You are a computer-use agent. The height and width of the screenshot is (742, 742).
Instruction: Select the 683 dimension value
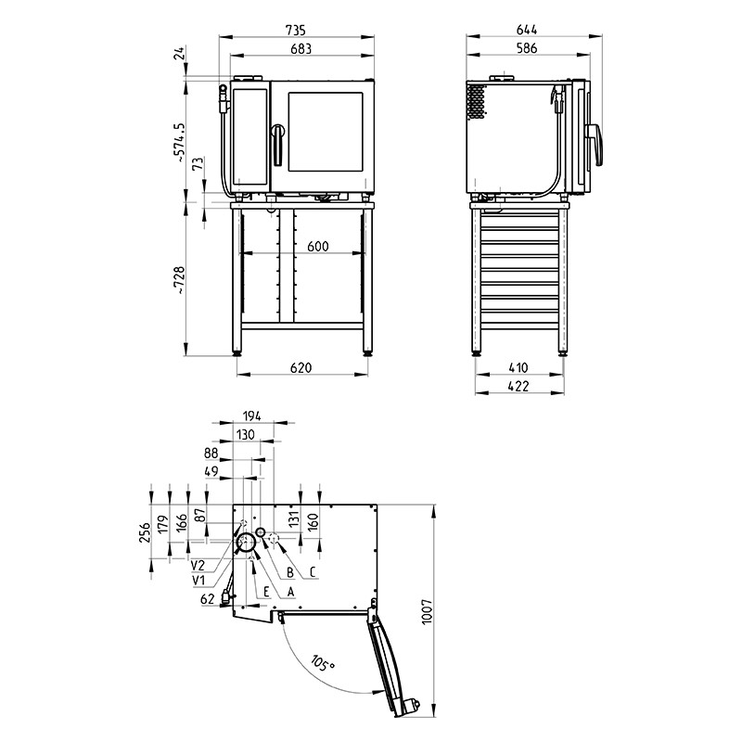301,49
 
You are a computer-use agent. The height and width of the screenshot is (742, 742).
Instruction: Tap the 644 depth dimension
527,30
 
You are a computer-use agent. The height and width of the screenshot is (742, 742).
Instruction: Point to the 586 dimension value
527,48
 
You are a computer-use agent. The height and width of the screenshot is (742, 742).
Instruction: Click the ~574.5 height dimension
179,143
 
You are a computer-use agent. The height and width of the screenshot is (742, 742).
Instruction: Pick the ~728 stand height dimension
179,280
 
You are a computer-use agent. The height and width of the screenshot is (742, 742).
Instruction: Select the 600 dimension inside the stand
317,246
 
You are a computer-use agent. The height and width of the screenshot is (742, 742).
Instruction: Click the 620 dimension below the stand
301,367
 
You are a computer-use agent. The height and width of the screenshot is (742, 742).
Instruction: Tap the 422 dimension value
518,386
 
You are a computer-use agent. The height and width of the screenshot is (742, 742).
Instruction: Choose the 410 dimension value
518,367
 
